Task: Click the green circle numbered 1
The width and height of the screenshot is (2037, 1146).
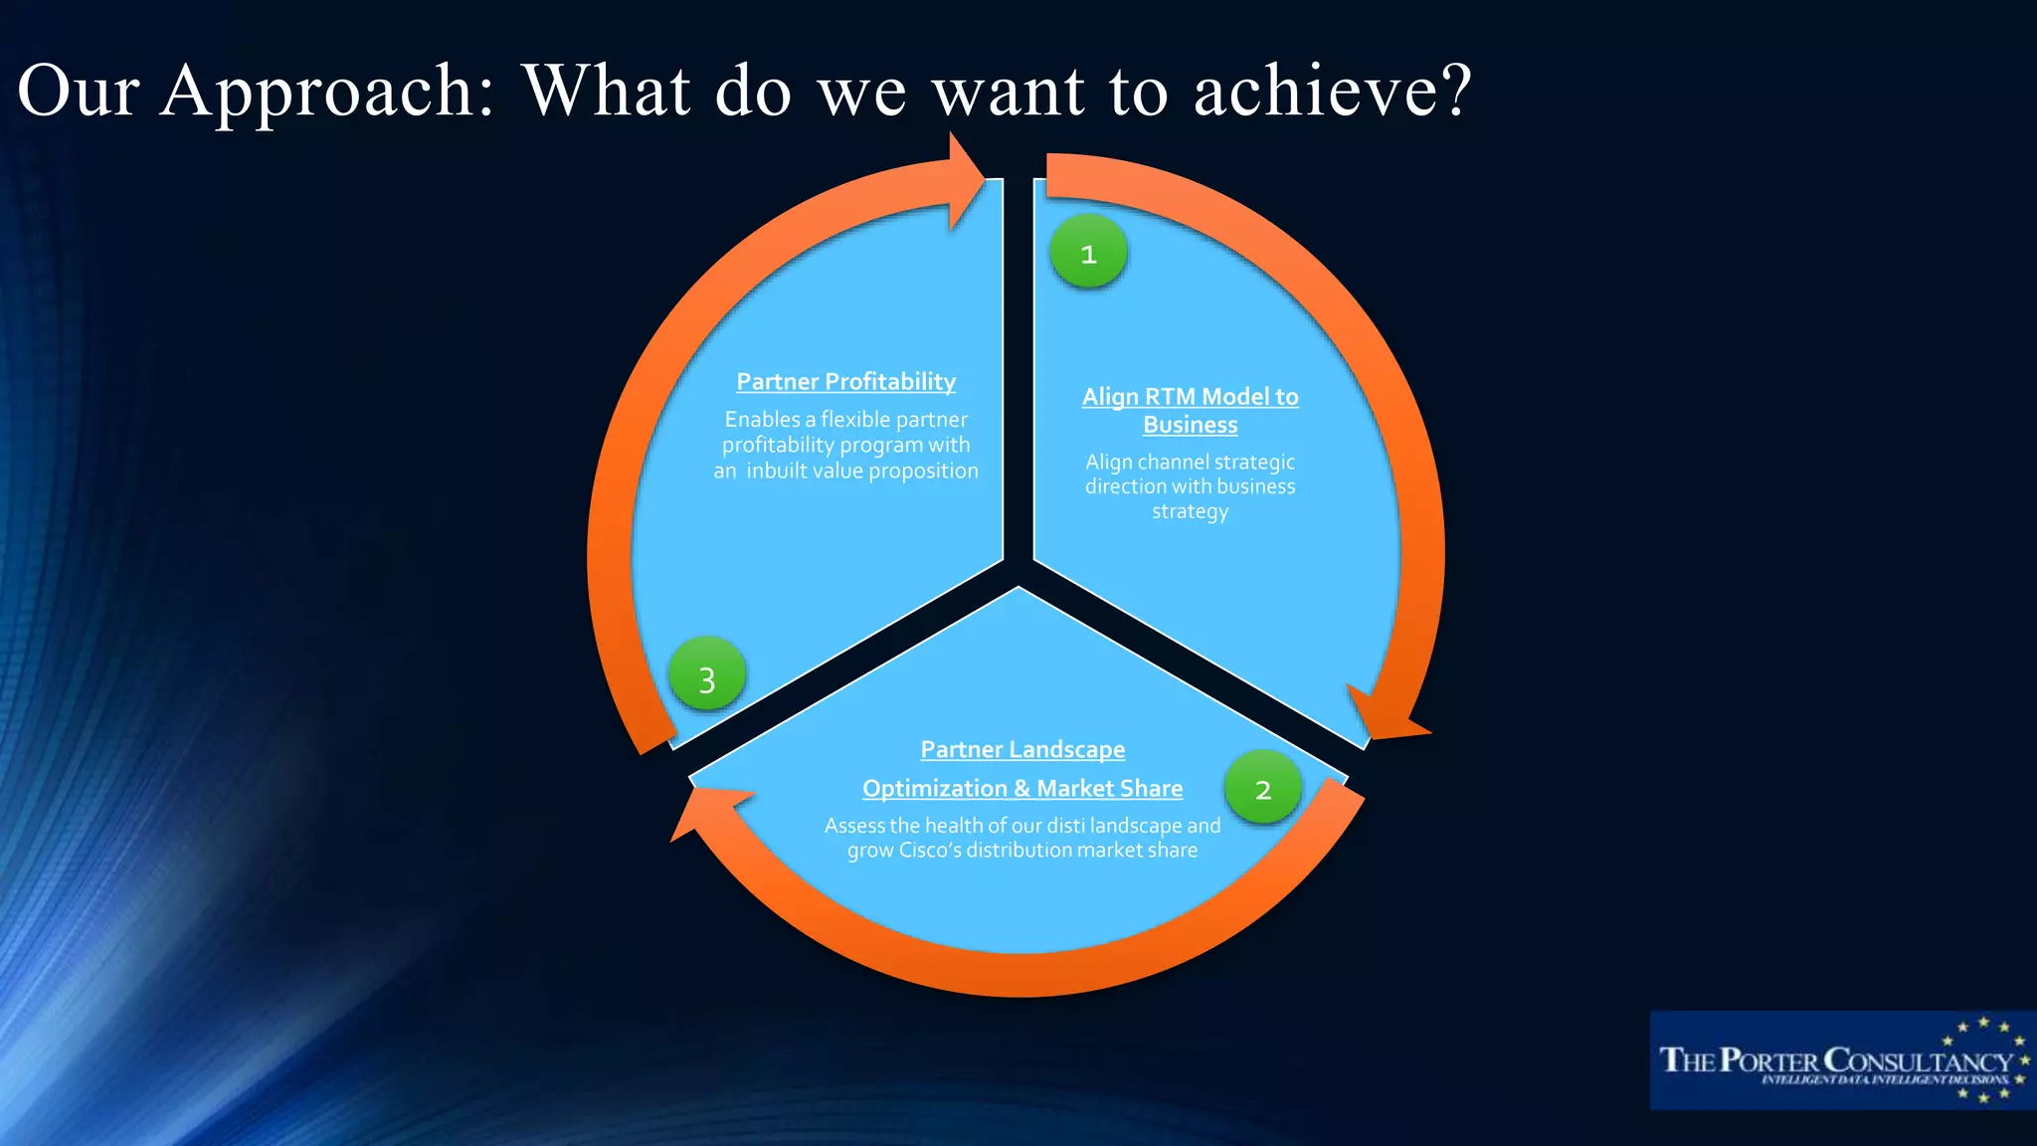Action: [x=1088, y=253]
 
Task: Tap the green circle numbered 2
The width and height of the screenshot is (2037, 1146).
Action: [x=1263, y=788]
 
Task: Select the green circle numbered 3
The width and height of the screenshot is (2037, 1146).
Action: [x=707, y=675]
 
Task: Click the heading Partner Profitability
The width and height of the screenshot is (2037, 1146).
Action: [x=845, y=382]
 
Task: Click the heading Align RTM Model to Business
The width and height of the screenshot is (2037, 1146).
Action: [x=1190, y=410]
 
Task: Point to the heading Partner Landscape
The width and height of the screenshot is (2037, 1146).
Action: [x=1022, y=749]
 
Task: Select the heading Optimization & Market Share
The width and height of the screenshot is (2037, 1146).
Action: [x=1022, y=788]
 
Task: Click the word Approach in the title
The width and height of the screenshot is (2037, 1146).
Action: [x=327, y=92]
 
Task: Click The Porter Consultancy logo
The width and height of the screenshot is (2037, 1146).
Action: [x=1840, y=1060]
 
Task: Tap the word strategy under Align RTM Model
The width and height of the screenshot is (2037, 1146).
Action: [x=1190, y=512]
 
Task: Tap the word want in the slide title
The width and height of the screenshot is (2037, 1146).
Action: [x=1007, y=92]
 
